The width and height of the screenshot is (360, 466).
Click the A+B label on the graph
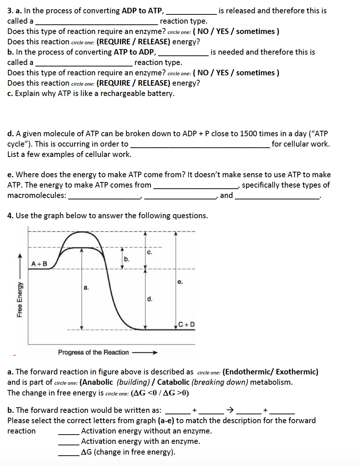tap(39, 264)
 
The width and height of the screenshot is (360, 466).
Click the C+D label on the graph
tap(186, 325)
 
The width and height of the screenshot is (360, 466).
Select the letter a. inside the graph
tap(86, 287)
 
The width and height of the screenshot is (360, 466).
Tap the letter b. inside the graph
tap(127, 259)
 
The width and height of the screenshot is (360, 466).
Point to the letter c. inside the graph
tap(149, 252)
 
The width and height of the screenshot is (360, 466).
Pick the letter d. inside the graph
tap(149, 299)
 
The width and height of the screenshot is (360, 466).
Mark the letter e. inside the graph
tap(180, 282)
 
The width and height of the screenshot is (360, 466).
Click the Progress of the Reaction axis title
tap(93, 352)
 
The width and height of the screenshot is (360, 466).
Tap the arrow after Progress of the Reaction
tap(145, 352)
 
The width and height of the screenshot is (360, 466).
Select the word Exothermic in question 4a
tap(296, 371)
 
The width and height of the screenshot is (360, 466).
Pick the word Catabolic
tap(173, 382)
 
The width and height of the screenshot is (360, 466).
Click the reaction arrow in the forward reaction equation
tap(230, 410)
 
